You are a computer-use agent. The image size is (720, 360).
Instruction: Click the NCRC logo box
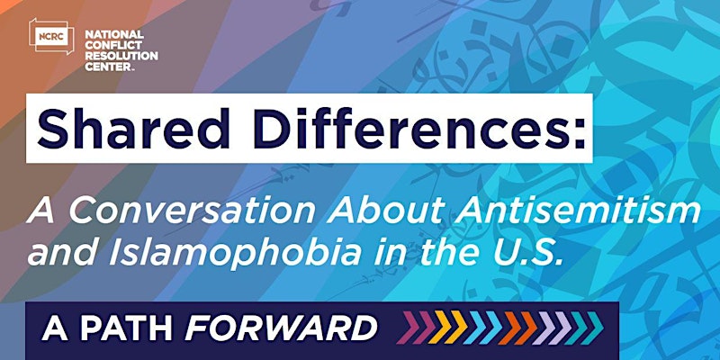coord(51,36)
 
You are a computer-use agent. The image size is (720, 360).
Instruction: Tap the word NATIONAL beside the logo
coord(114,35)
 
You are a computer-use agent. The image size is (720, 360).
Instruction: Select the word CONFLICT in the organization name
coord(113,46)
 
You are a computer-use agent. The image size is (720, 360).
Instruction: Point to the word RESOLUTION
coord(121,56)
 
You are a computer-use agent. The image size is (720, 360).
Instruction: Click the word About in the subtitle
coord(385,211)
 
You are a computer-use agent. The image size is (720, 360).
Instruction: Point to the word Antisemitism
coord(579,211)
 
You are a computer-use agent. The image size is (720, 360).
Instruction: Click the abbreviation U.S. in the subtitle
coord(529,254)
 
